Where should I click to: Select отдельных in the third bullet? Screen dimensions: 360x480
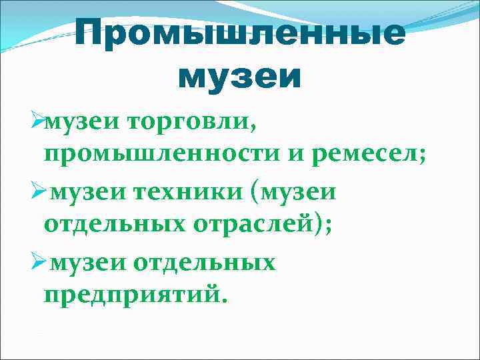(x=205, y=263)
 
